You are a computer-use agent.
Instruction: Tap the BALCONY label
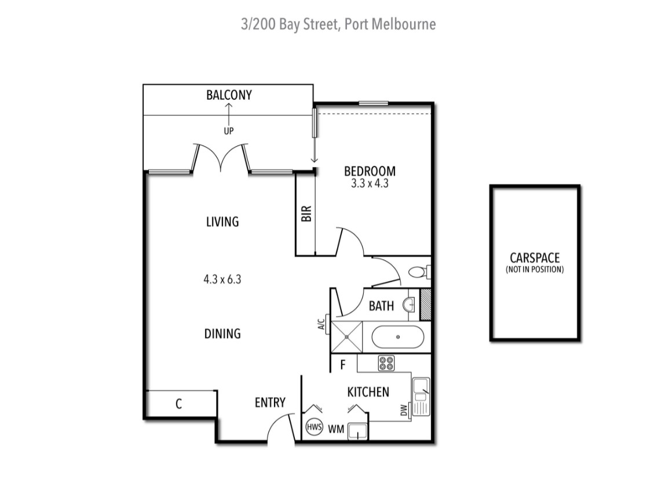coord(229,95)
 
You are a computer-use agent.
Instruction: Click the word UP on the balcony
coord(229,131)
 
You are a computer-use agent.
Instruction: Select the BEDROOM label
coord(370,171)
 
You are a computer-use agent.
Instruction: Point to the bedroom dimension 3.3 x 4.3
coord(370,184)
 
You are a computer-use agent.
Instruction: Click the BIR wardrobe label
coord(306,213)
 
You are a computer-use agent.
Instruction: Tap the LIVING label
coord(222,222)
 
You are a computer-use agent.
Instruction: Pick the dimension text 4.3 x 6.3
coord(222,279)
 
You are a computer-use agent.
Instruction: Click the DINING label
coord(222,333)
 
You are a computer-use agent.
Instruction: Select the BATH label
coord(381,306)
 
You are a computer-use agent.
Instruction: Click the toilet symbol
coord(418,271)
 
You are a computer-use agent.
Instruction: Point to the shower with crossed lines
coord(346,336)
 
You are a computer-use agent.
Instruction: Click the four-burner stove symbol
coord(386,364)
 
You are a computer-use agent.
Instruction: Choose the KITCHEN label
coord(368,393)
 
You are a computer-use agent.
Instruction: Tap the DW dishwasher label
coord(404,409)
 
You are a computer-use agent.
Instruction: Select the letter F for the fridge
coord(343,365)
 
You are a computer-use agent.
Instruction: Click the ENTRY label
coord(270,402)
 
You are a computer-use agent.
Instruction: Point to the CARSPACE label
coord(535,258)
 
